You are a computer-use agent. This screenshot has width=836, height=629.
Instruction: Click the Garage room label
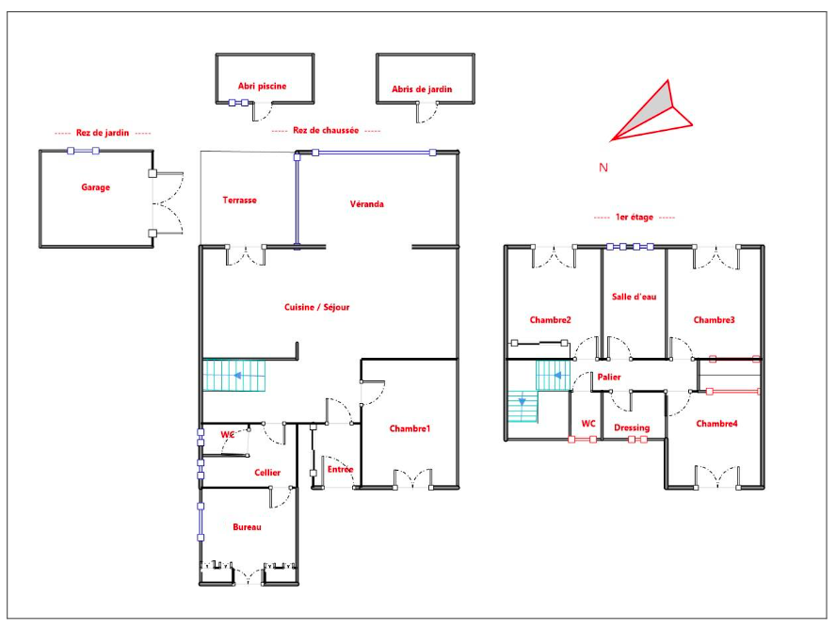[x=95, y=187]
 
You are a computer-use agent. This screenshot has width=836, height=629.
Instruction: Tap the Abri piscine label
[x=262, y=86]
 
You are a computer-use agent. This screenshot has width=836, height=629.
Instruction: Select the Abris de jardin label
[x=422, y=89]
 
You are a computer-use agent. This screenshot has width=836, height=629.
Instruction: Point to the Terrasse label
[x=239, y=200]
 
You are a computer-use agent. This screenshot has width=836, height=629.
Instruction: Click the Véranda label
[x=367, y=203]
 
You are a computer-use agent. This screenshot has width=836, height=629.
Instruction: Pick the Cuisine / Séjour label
[x=316, y=307]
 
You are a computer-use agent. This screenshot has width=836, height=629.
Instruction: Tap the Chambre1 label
[x=410, y=428]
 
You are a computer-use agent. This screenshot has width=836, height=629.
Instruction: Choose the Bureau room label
[x=247, y=527]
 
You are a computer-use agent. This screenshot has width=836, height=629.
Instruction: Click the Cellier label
[x=267, y=473]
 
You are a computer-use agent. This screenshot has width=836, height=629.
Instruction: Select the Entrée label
[x=340, y=469]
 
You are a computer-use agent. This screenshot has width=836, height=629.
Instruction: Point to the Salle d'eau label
[x=634, y=297]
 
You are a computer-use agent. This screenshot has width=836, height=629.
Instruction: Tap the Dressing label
[x=632, y=427]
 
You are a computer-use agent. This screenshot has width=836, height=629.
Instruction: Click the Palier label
[x=609, y=377]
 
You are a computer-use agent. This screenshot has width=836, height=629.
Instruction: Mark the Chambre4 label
[x=717, y=424]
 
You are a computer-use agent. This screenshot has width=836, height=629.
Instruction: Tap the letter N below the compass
[x=603, y=168]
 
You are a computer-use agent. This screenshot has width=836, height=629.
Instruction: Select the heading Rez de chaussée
[x=326, y=130]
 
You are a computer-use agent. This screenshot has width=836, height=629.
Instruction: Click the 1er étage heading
[x=634, y=217]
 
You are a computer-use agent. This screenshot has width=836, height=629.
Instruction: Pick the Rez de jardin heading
[x=103, y=133]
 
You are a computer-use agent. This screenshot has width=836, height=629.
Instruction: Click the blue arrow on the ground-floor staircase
[x=237, y=376]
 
